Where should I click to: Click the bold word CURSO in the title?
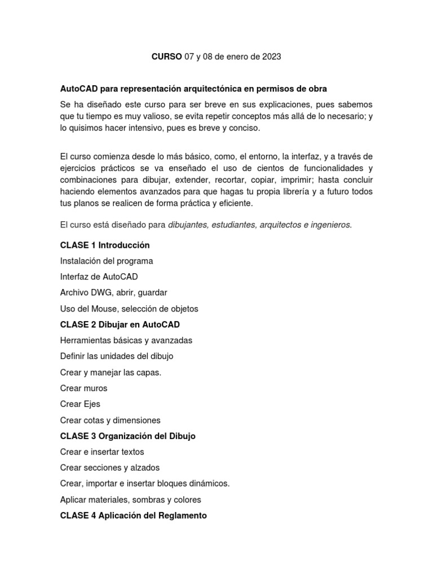pyautogui.click(x=167, y=57)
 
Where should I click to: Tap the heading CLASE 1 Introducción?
pyautogui.click(x=105, y=246)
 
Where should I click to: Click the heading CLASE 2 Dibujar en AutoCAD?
pyautogui.click(x=120, y=325)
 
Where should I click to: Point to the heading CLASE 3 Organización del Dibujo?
pyautogui.click(x=128, y=436)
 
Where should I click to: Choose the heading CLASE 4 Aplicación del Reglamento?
pyautogui.click(x=134, y=515)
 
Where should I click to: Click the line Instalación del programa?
pyautogui.click(x=107, y=261)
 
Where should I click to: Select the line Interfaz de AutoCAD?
pyautogui.click(x=99, y=277)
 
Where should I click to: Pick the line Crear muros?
pyautogui.click(x=83, y=388)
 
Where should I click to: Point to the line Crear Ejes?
pyautogui.click(x=80, y=404)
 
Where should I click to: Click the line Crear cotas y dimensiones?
pyautogui.click(x=111, y=421)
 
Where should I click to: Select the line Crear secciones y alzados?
pyautogui.click(x=110, y=468)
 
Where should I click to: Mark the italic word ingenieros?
pyautogui.click(x=331, y=225)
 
